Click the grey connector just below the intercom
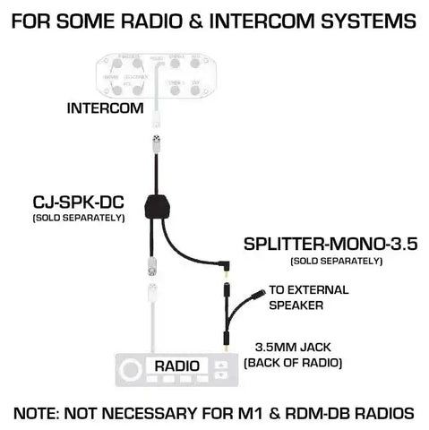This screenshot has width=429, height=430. pos(155,143)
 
